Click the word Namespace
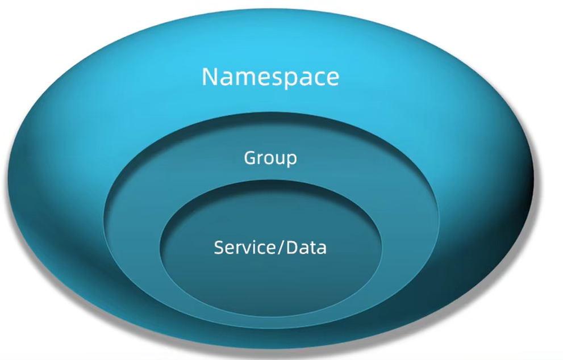pos(270,77)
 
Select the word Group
pos(270,158)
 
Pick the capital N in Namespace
pos(211,77)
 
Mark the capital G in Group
pos(250,157)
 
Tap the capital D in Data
pos(291,248)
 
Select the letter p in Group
pos(290,160)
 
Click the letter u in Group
pos(280,158)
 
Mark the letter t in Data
pos(313,248)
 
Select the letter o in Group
pos(269,158)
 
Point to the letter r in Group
pos(260,158)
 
